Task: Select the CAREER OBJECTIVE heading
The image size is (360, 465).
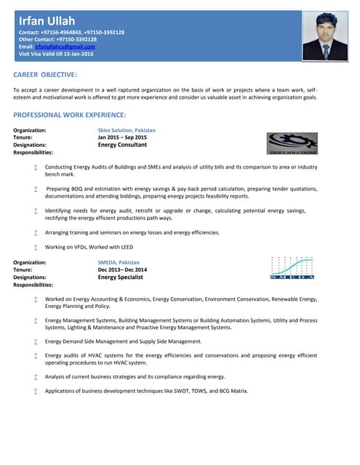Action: click(x=45, y=75)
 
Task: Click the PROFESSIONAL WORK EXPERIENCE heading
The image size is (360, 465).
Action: click(x=70, y=115)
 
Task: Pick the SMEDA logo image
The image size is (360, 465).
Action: click(x=292, y=268)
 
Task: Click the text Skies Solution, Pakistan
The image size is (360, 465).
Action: click(x=127, y=130)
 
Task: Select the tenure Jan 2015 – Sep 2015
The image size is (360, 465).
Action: click(x=122, y=137)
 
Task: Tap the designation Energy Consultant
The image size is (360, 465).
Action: click(x=122, y=145)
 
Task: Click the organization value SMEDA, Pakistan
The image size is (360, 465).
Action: click(x=119, y=262)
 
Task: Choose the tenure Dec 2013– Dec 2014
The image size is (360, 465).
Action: click(x=122, y=270)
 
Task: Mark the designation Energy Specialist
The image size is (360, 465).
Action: click(x=121, y=277)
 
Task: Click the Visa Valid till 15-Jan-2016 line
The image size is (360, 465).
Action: click(x=56, y=54)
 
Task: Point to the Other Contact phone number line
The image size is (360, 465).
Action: click(x=57, y=39)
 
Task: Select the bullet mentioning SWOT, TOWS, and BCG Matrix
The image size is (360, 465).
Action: click(x=146, y=391)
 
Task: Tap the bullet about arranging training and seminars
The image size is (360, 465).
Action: click(x=132, y=232)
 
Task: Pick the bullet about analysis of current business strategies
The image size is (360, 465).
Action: click(x=135, y=376)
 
